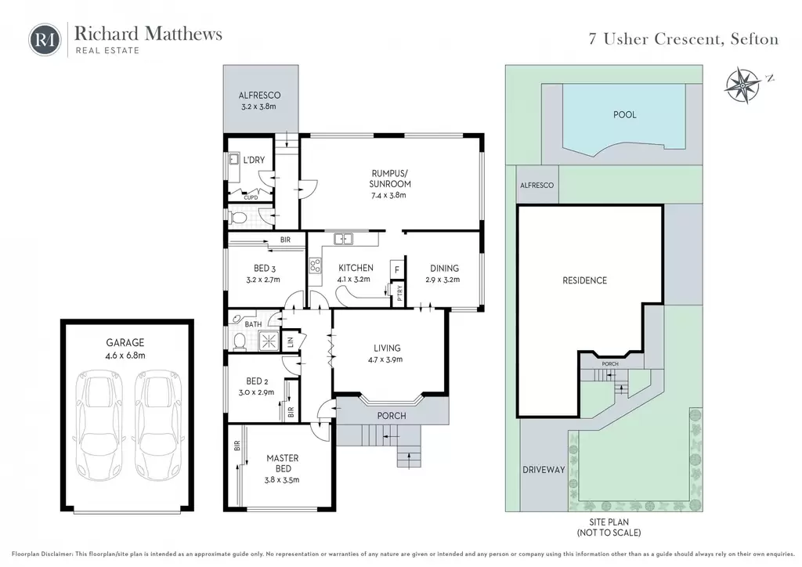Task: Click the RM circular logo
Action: pyautogui.click(x=45, y=39)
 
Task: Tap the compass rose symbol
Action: pyautogui.click(x=742, y=85)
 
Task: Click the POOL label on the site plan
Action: pyautogui.click(x=624, y=114)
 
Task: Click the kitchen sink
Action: pyautogui.click(x=343, y=239)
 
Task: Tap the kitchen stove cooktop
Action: pyautogui.click(x=315, y=265)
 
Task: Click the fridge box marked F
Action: pyautogui.click(x=397, y=269)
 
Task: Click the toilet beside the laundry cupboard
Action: pyautogui.click(x=238, y=218)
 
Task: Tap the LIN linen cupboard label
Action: pyautogui.click(x=291, y=341)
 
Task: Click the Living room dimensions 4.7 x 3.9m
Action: pyautogui.click(x=385, y=359)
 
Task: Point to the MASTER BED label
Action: pyautogui.click(x=282, y=463)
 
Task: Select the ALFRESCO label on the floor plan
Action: pyautogui.click(x=259, y=95)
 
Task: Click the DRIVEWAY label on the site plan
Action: pyautogui.click(x=544, y=469)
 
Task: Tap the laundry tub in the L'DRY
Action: pyautogui.click(x=233, y=160)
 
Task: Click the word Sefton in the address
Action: pyautogui.click(x=754, y=39)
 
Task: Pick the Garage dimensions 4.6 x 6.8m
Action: pyautogui.click(x=125, y=356)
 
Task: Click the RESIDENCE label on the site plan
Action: pyautogui.click(x=584, y=280)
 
